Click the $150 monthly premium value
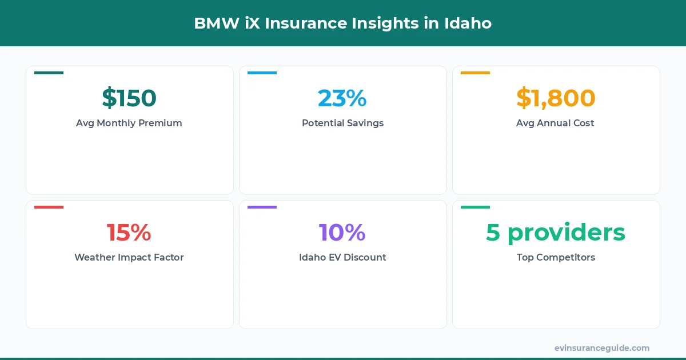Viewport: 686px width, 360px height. [129, 98]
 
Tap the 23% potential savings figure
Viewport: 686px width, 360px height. [342, 98]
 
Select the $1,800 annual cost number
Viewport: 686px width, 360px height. [556, 98]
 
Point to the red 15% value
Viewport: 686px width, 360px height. [129, 233]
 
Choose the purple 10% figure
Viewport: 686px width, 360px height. [342, 233]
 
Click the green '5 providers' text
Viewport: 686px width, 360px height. [556, 233]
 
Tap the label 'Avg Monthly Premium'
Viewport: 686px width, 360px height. [129, 123]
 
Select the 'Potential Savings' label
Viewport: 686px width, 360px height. [342, 123]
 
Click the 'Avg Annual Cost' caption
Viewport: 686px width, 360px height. [556, 123]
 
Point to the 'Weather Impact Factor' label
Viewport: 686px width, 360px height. [129, 257]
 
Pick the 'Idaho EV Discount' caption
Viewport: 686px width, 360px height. [342, 257]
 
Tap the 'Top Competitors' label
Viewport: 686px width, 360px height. [556, 257]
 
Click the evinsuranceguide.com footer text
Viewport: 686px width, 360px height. [602, 347]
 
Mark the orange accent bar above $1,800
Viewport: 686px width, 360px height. [475, 73]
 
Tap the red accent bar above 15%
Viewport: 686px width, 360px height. [49, 207]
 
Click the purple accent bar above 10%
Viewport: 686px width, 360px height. [262, 207]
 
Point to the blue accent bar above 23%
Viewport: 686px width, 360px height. [262, 73]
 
